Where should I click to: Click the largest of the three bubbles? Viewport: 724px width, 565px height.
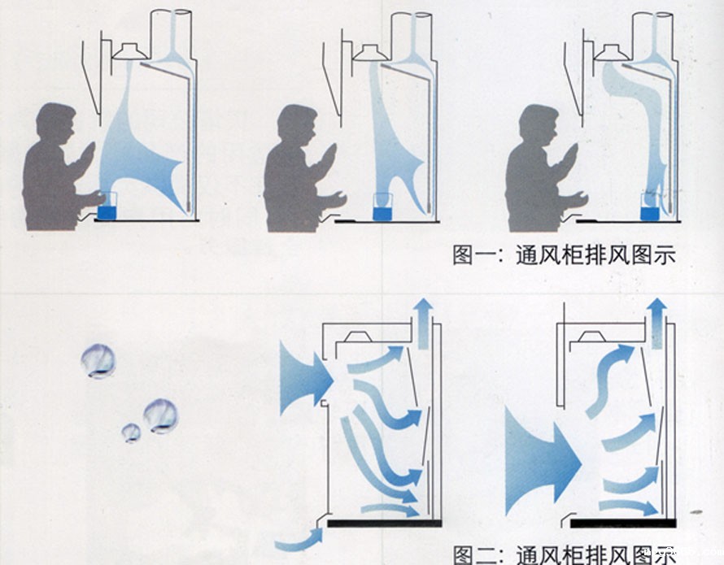click(160, 415)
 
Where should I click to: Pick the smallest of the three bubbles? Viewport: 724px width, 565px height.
click(131, 432)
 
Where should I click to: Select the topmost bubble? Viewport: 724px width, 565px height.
click(98, 360)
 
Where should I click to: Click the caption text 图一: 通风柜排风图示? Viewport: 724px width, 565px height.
click(564, 254)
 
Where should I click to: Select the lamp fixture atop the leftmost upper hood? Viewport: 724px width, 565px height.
click(129, 50)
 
